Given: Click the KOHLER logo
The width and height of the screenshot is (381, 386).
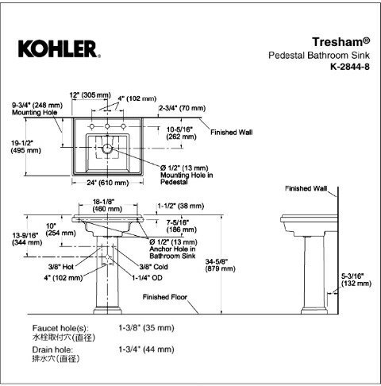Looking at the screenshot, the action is point(60,48).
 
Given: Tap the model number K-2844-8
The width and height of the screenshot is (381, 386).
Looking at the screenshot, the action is point(350,67).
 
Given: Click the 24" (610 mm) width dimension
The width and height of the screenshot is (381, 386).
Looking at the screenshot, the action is point(108,183).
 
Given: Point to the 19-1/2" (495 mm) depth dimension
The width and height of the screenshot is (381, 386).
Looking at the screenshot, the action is point(26,147).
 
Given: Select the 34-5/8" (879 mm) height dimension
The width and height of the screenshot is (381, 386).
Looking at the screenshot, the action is point(220,265).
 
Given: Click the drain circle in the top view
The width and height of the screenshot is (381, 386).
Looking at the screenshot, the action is point(107,149).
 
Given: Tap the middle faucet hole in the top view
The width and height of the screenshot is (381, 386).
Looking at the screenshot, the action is point(107,126).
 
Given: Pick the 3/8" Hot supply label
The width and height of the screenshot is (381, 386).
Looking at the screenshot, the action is point(61,267).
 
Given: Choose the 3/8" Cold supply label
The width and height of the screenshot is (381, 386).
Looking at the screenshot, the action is point(154,267).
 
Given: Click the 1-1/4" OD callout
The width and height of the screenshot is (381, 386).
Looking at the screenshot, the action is point(147,278).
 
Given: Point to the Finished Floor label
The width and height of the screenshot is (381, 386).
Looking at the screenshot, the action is point(165,297).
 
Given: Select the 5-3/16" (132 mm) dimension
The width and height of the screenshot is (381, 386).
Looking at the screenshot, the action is point(356,280).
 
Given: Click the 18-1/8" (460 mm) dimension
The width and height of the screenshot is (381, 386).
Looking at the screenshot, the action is point(107,205).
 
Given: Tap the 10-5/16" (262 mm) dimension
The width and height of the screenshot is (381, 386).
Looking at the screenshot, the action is point(181,133).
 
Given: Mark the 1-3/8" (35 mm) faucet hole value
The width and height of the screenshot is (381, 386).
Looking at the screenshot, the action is point(146,328).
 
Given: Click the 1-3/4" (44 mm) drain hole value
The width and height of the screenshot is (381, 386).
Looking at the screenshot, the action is point(146,349).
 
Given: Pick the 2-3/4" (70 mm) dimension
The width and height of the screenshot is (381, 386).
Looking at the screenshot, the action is point(182,108).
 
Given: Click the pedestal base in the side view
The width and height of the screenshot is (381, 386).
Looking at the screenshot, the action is point(314,311).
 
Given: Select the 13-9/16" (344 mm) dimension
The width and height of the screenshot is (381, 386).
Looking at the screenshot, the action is point(27,239).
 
